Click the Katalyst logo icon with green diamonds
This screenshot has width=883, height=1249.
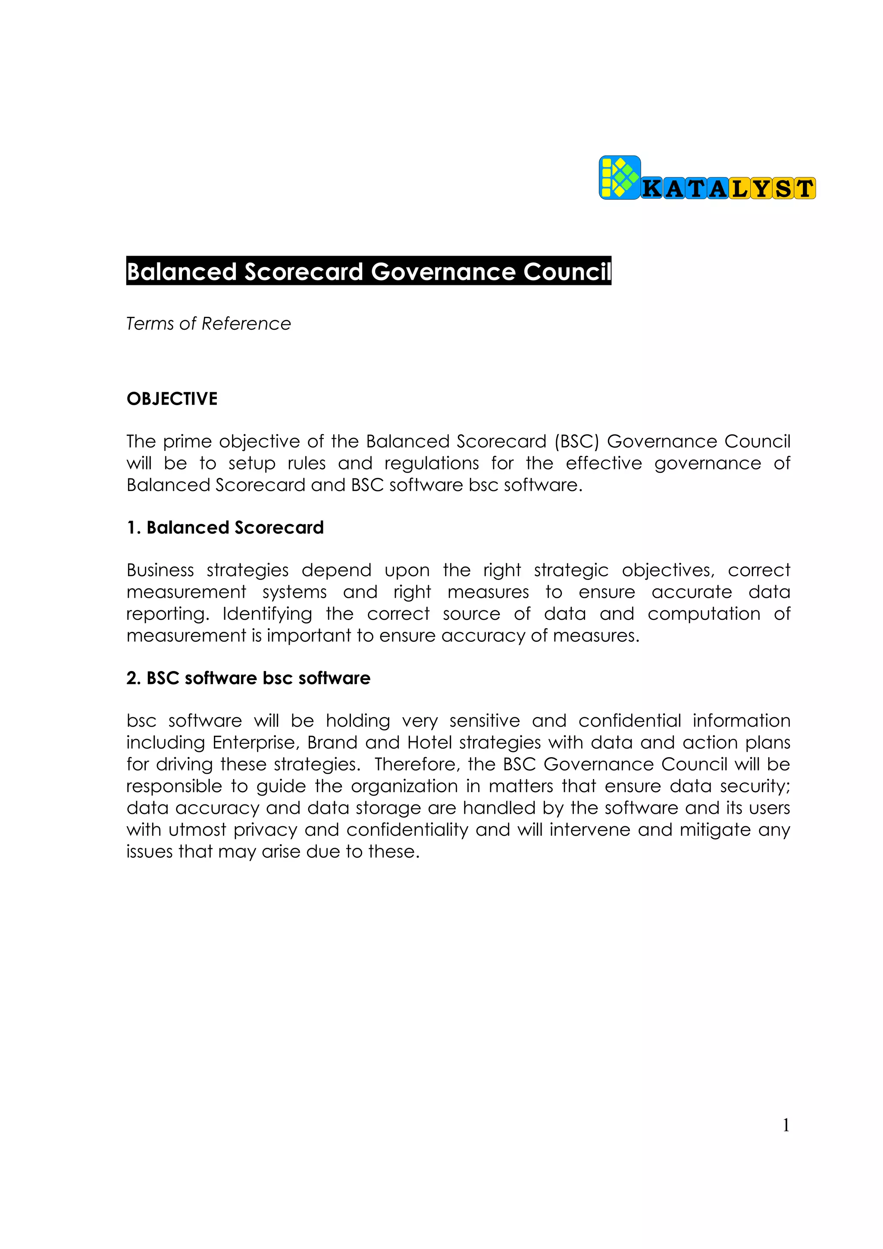620,177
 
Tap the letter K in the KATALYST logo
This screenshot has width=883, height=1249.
652,189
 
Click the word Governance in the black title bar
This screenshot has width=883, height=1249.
443,272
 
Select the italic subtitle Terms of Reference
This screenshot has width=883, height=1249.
208,324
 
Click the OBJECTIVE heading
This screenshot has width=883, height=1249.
172,399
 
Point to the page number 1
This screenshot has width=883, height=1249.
786,1125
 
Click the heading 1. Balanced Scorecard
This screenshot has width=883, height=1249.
225,528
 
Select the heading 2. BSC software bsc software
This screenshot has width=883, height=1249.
248,678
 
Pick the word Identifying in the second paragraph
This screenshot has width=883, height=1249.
267,614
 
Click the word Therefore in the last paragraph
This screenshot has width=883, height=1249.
417,764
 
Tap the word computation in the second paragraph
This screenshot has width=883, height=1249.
704,614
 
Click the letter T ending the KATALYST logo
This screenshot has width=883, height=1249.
805,189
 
